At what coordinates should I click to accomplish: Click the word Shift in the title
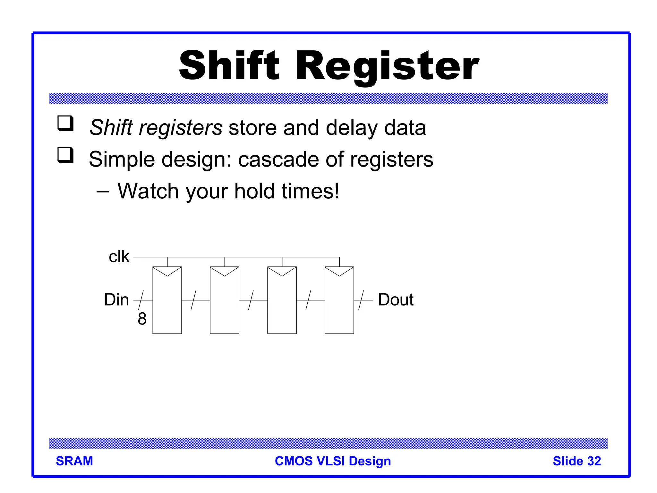click(x=229, y=66)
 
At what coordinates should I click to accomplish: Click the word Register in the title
click(x=387, y=66)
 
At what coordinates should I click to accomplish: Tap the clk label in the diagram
click(x=119, y=257)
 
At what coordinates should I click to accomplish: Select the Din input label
click(x=116, y=300)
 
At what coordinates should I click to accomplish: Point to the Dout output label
click(x=396, y=300)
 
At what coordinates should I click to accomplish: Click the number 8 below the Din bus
click(x=142, y=319)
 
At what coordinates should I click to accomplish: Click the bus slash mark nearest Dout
click(x=361, y=300)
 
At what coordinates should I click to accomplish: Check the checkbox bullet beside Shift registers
click(x=65, y=124)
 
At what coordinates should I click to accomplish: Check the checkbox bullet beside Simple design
click(x=65, y=155)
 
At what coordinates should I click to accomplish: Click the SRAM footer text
click(x=74, y=461)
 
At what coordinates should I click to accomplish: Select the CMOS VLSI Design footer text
click(x=333, y=461)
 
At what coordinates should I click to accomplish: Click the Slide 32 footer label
click(x=576, y=461)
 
